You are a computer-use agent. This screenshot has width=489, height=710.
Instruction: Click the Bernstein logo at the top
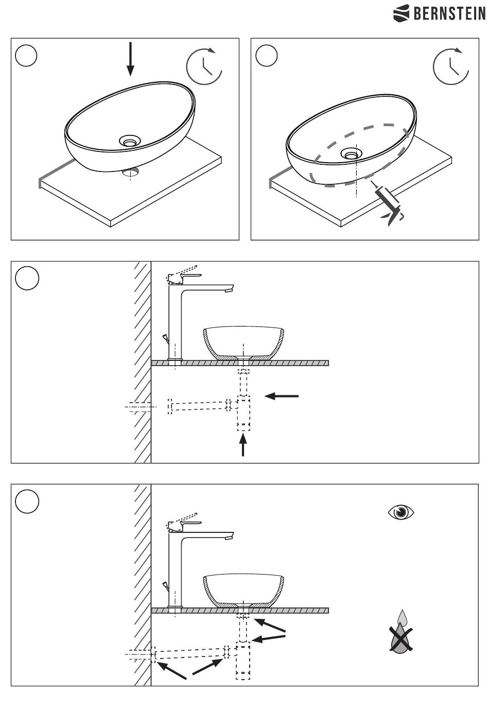click(x=439, y=13)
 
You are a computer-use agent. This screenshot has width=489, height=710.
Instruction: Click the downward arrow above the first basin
click(x=130, y=58)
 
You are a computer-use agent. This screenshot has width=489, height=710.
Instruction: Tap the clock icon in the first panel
click(x=204, y=66)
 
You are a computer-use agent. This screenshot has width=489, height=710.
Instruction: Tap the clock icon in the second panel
click(x=451, y=66)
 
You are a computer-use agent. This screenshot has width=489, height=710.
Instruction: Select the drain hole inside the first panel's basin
click(x=130, y=140)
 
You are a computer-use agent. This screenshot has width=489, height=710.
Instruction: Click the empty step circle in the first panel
click(x=27, y=56)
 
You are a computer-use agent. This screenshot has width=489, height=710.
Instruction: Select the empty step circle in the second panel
click(x=267, y=56)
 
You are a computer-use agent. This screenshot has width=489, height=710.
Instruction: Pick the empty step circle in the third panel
click(x=27, y=279)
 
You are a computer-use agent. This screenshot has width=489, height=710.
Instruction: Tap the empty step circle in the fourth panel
click(x=27, y=501)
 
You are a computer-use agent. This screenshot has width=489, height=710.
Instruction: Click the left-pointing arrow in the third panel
click(x=281, y=396)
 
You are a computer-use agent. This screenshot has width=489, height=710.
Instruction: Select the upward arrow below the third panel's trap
click(x=243, y=445)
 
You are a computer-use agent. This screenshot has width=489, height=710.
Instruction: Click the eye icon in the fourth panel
click(x=401, y=512)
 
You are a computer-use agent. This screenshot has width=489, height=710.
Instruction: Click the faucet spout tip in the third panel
click(x=228, y=290)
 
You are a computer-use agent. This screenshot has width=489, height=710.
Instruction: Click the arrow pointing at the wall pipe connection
click(x=171, y=670)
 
